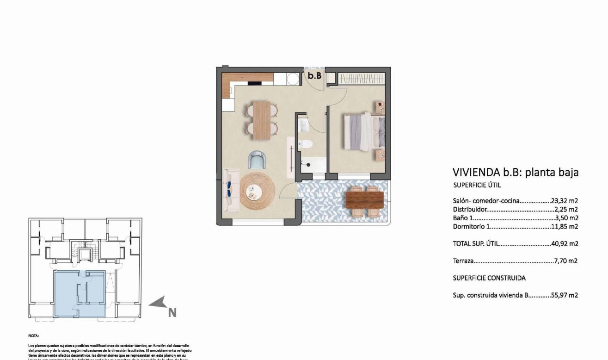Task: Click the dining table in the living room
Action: tap(262, 120)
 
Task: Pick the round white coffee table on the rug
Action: tap(254, 190)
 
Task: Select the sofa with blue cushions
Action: tap(228, 190)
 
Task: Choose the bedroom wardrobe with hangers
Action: tap(360, 79)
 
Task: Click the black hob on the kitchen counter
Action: tap(255, 83)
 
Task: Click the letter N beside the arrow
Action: tap(172, 313)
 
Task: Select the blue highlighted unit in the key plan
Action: tap(80, 294)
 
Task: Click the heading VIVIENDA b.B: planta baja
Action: tap(515, 173)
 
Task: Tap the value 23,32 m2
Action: tap(565, 201)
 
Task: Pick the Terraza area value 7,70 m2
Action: tap(566, 261)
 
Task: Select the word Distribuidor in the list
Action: tap(469, 209)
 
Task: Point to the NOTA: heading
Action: tap(33, 335)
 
